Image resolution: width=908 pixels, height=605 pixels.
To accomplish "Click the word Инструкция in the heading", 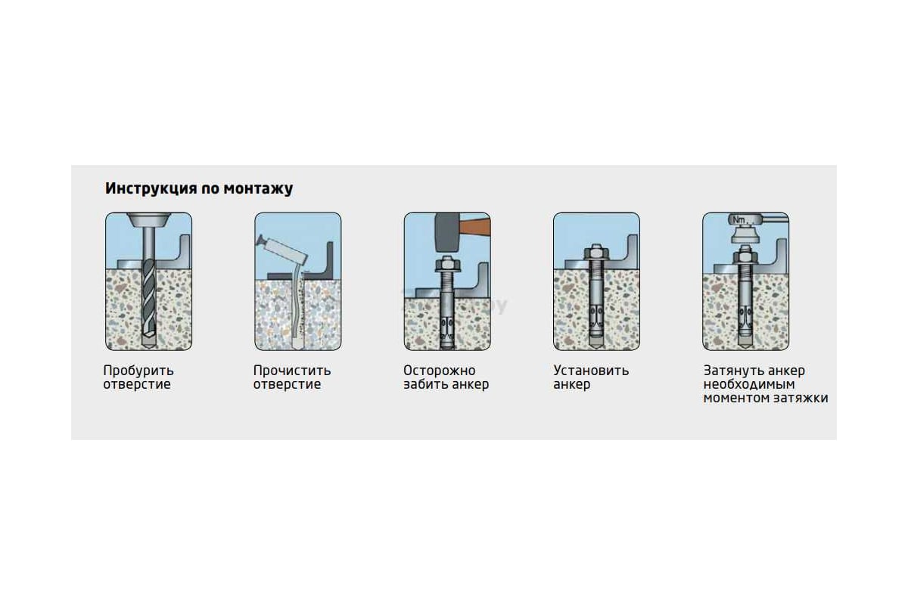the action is point(151,189).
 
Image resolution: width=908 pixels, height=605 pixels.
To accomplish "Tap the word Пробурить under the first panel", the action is point(138,371).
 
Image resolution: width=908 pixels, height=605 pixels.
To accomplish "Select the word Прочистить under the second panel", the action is point(292,371).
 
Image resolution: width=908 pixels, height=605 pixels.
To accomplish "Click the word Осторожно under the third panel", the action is point(440,371).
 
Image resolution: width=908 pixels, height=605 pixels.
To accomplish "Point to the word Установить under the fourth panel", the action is point(591,371).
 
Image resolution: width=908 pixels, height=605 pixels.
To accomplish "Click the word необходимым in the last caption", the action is point(748,384).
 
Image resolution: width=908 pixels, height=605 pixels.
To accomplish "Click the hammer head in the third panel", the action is point(446,232).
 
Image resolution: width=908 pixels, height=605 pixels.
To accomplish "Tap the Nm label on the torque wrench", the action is point(739,220).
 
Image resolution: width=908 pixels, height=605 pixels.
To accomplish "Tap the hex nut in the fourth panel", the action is point(596,253).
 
